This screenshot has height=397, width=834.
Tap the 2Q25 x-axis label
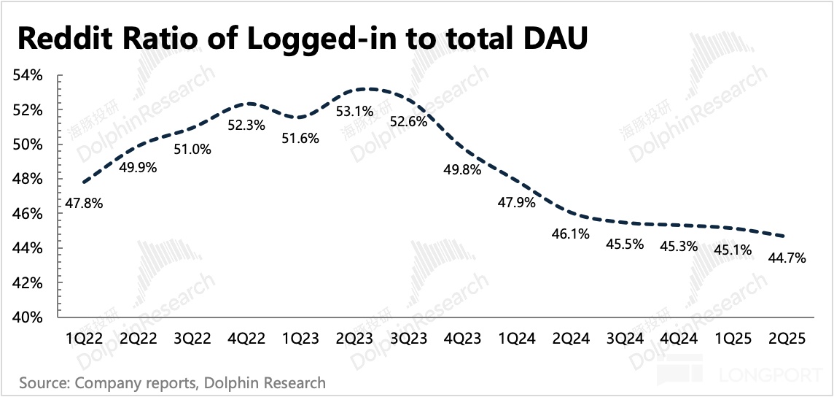787,339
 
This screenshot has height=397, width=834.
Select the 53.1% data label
355,112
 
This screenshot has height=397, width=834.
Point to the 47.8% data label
83,204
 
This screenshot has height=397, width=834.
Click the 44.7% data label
787,258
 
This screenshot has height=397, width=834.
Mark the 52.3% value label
246,125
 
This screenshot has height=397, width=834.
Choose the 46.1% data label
571,234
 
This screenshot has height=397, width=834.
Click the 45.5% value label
625,244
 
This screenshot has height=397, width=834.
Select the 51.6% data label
300,137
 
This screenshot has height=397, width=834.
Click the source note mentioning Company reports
172,382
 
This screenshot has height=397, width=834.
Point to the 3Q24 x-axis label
624,339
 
